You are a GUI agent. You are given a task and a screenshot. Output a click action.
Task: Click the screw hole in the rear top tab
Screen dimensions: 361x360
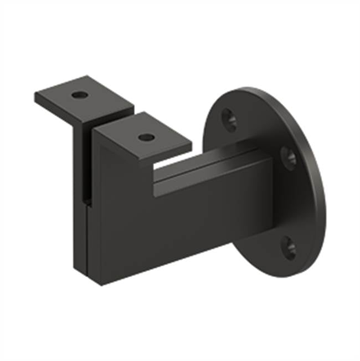point(79,95)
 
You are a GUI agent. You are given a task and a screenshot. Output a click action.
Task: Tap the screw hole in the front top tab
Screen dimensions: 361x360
point(146,136)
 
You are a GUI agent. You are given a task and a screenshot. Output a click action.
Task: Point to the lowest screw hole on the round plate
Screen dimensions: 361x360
point(289,247)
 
